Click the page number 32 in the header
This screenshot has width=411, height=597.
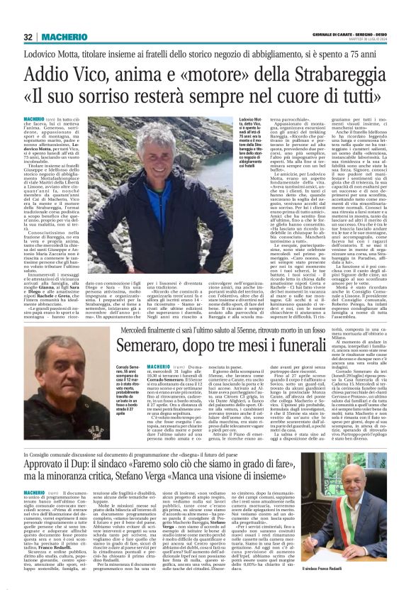[x=28, y=37]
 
